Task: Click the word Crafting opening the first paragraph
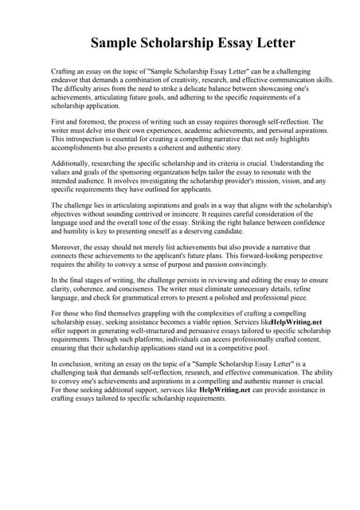click(x=65, y=72)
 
